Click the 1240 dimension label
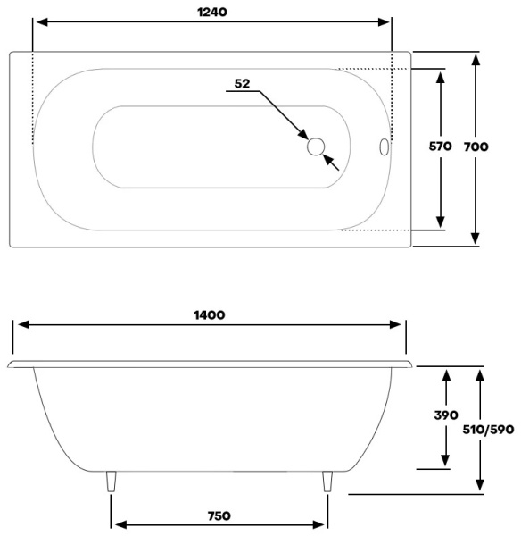click(x=212, y=13)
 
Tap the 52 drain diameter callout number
click(x=242, y=84)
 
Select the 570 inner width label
click(x=440, y=147)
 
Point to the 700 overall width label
click(x=476, y=147)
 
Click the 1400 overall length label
click(x=210, y=314)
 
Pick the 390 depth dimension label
click(x=446, y=415)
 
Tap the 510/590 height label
click(x=488, y=430)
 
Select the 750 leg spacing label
click(x=219, y=515)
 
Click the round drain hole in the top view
click(x=316, y=147)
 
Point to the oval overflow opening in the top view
click(x=385, y=147)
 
